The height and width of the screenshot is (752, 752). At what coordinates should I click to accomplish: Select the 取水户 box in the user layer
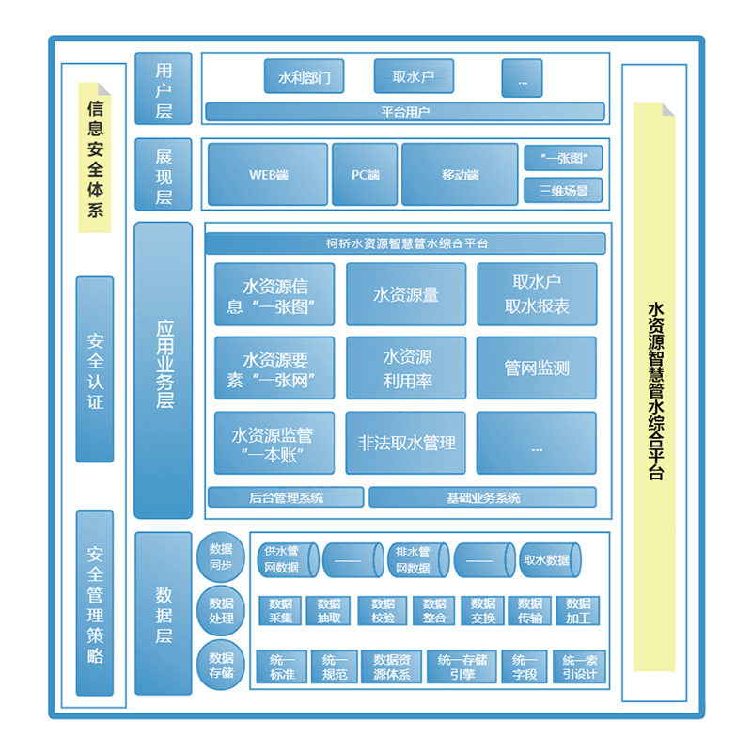pos(415,76)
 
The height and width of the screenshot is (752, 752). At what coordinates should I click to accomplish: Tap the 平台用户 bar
pos(404,112)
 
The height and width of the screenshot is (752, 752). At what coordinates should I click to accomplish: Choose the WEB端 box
pos(268,174)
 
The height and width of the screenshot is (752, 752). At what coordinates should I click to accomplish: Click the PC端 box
pos(365,174)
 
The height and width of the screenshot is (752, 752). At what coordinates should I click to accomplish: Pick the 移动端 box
pos(460,174)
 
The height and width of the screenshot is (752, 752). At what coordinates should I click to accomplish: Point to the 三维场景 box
pos(563,191)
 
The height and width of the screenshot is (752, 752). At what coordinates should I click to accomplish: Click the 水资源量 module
pos(406,294)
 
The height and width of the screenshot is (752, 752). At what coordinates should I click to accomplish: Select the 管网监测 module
pos(537,368)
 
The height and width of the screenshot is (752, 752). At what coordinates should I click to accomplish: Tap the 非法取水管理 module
pos(406,443)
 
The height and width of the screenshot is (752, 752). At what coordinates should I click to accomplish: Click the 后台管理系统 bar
pos(286,497)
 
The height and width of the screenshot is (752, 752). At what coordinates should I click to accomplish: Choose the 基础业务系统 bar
pos(482,497)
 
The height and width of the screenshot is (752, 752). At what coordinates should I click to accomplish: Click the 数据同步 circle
pos(221,556)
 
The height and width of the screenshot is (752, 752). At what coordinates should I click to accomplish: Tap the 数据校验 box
pos(383,611)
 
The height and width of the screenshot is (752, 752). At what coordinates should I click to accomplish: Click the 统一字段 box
pos(525,666)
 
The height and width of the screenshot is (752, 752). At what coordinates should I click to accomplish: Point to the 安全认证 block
pos(95,369)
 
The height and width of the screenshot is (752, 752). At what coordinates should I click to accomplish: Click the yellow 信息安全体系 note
pos(94,158)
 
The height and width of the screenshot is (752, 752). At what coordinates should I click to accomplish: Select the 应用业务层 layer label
pos(164,370)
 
